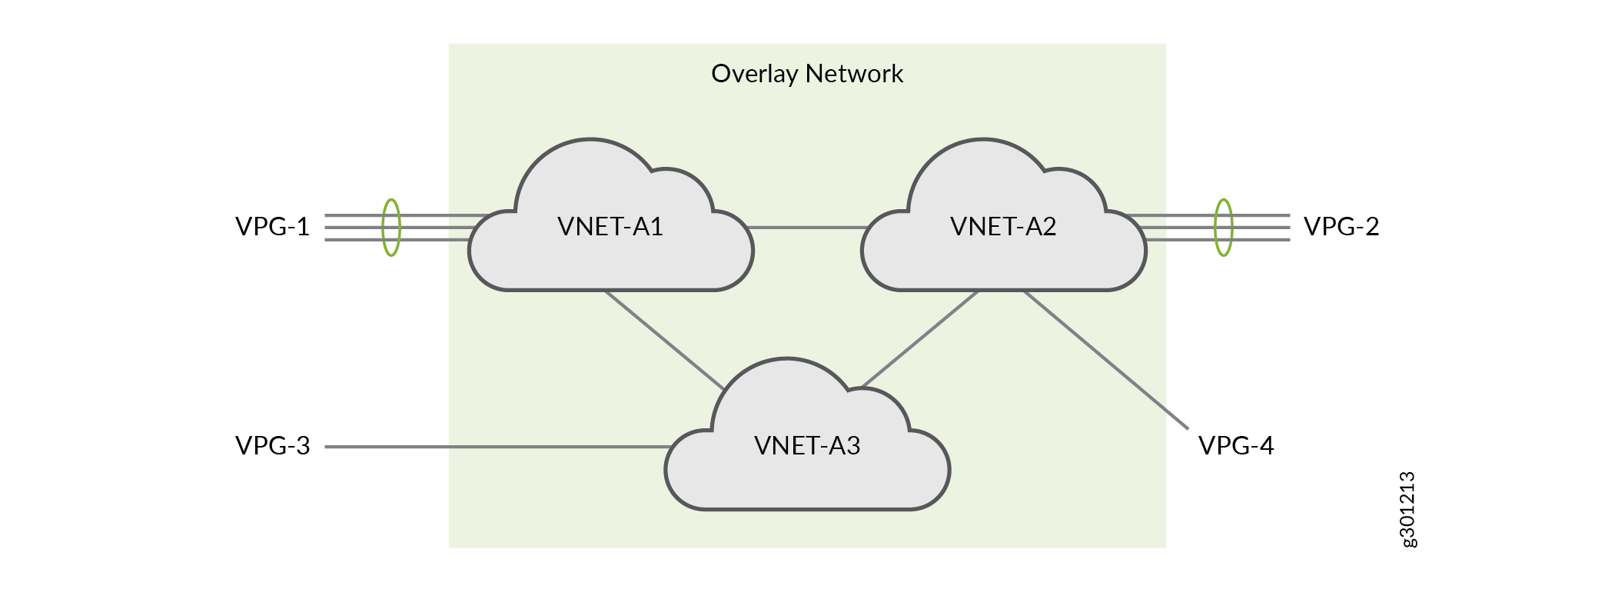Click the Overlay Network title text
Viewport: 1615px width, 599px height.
point(806,74)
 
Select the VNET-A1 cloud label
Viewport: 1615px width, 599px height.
point(610,227)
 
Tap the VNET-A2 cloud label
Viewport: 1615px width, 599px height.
point(1002,227)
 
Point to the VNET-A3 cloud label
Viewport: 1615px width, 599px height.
point(806,446)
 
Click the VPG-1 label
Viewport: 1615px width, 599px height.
point(272,227)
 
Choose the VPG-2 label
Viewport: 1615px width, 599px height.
point(1341,227)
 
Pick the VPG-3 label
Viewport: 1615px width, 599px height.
point(272,446)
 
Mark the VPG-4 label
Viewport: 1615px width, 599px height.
point(1236,446)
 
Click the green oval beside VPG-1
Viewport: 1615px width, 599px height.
point(391,227)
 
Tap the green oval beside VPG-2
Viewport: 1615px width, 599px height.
point(1223,227)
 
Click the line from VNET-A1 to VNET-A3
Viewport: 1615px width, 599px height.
point(663,338)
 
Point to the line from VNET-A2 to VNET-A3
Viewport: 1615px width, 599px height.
point(921,338)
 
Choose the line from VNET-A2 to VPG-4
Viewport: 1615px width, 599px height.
point(1107,360)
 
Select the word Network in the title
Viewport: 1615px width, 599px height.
point(854,74)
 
